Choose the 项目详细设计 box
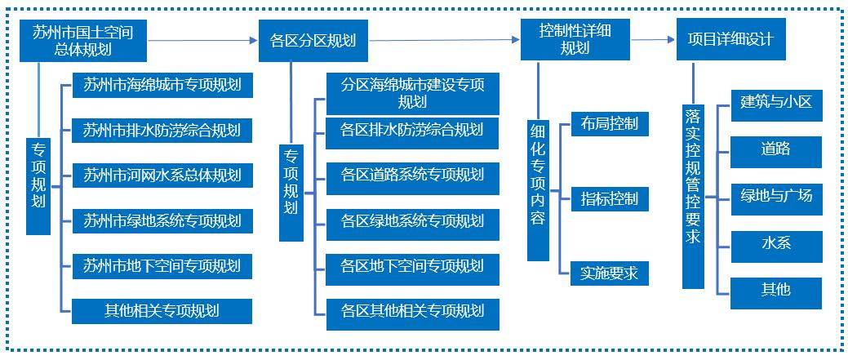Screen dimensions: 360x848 730,40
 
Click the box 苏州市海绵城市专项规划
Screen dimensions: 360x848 162,84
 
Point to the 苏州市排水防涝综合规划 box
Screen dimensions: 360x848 162,130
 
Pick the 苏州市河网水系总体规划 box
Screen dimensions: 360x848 162,176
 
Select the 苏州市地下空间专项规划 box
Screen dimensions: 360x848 162,266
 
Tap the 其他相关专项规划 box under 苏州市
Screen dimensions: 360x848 162,311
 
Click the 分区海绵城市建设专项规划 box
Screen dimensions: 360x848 413,93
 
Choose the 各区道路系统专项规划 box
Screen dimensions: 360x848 413,176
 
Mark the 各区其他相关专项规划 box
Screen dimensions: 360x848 413,311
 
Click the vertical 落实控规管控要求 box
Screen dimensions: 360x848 693,196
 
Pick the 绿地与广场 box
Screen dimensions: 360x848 776,197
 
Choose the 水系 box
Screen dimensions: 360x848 776,243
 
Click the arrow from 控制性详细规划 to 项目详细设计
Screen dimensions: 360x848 653,38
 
